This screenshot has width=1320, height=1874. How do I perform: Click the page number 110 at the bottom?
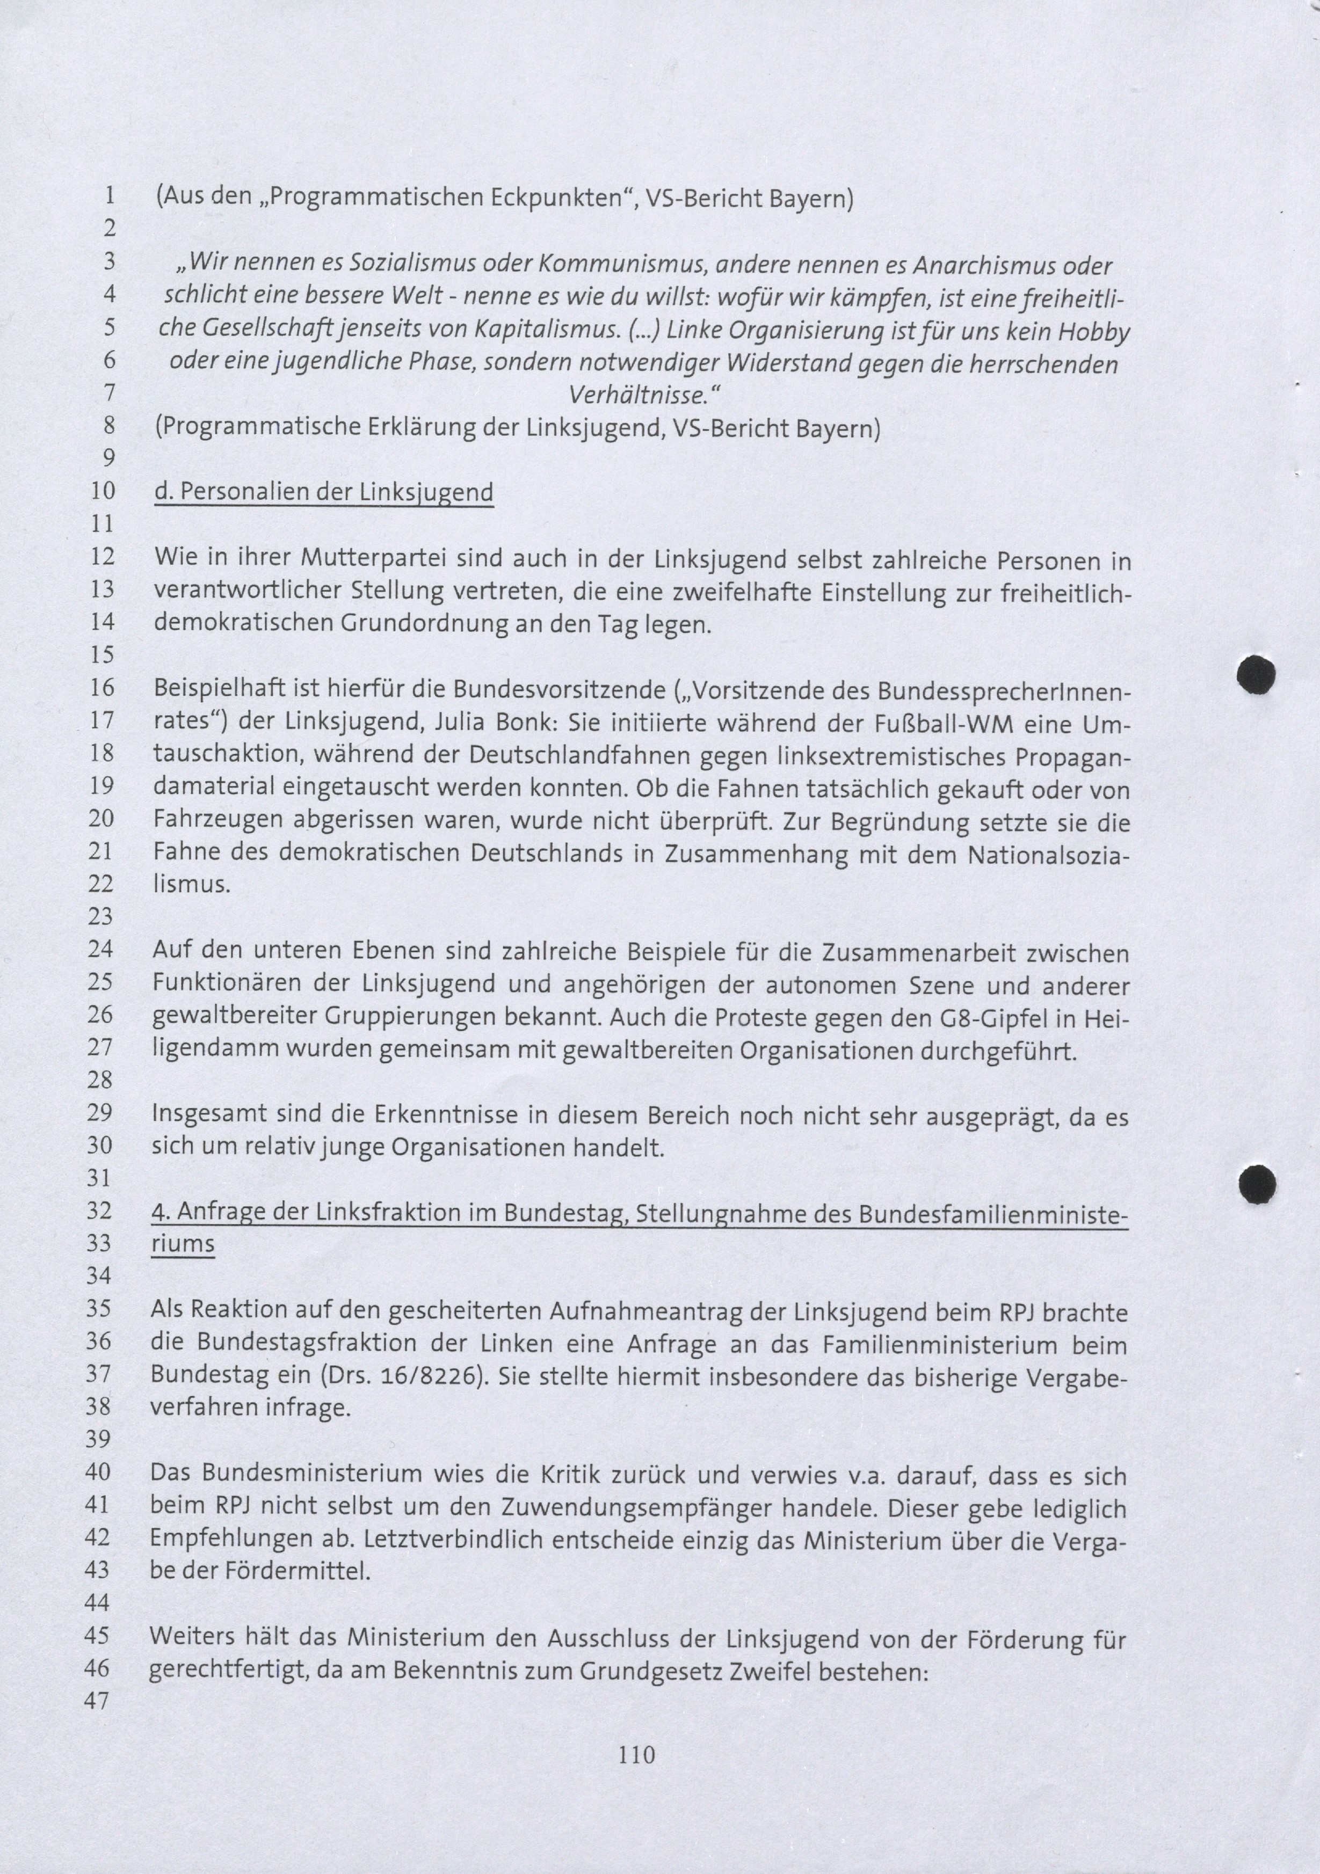click(x=637, y=1753)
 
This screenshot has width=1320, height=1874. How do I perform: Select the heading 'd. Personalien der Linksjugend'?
click(x=323, y=492)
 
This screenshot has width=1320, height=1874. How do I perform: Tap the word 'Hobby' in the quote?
click(x=1094, y=332)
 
